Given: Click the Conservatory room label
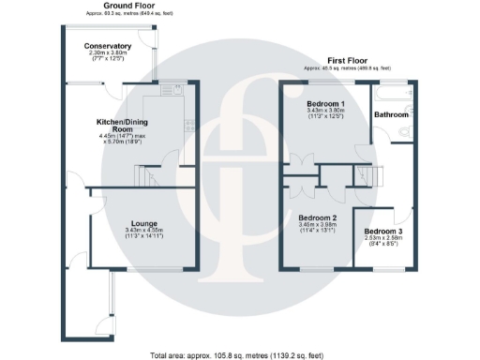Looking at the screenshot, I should [108, 46].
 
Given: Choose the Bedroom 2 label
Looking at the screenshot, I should [321, 217].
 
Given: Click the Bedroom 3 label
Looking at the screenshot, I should [384, 231].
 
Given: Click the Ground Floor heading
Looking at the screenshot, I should [129, 5].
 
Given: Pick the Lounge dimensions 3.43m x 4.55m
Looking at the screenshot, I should [143, 232].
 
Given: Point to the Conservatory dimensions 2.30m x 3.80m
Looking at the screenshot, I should [108, 53].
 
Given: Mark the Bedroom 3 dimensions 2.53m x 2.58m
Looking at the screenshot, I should [384, 238].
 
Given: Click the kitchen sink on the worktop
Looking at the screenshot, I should [172, 91].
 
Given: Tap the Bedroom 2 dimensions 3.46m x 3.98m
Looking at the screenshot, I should [321, 225].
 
